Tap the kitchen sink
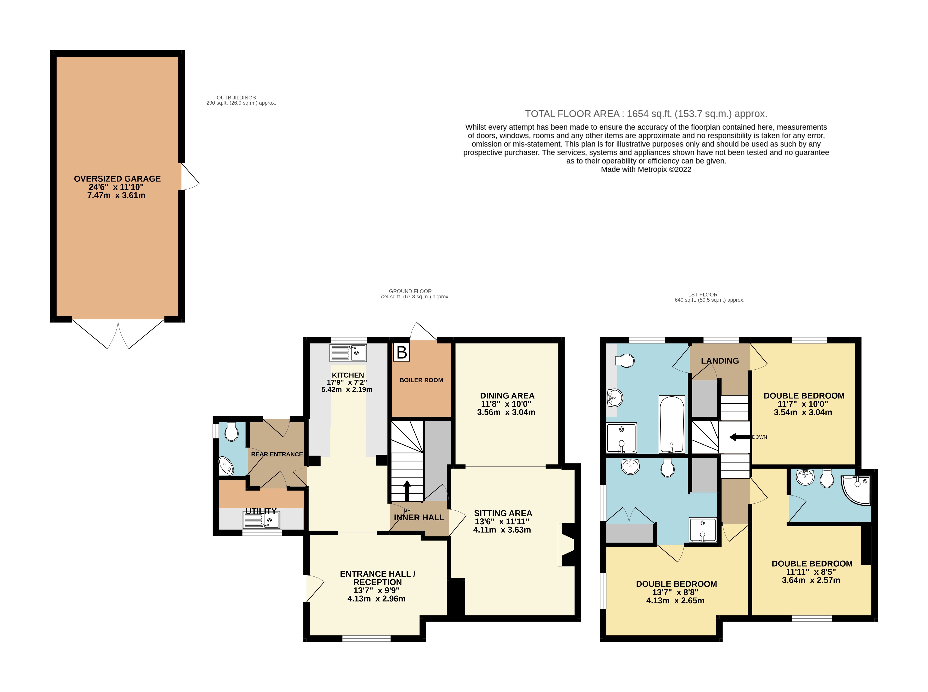(348, 353)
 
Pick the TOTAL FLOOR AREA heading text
(646, 114)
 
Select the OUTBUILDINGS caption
(236, 98)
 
